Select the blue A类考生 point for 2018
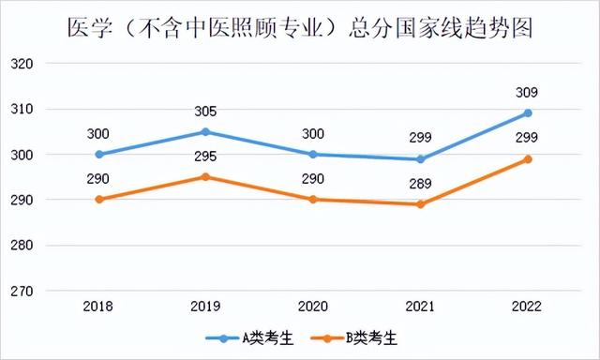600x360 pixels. (98, 154)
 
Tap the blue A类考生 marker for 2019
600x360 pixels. (206, 131)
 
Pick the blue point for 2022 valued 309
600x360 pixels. (528, 113)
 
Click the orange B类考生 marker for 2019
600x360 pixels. (206, 176)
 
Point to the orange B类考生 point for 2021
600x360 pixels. (421, 204)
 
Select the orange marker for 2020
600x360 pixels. (313, 200)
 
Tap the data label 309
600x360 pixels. (528, 92)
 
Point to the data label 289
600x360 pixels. (421, 184)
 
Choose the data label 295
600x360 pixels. (206, 156)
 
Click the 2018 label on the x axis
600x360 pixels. (98, 306)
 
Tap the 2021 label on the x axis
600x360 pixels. (421, 306)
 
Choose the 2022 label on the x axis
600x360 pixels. (528, 306)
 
